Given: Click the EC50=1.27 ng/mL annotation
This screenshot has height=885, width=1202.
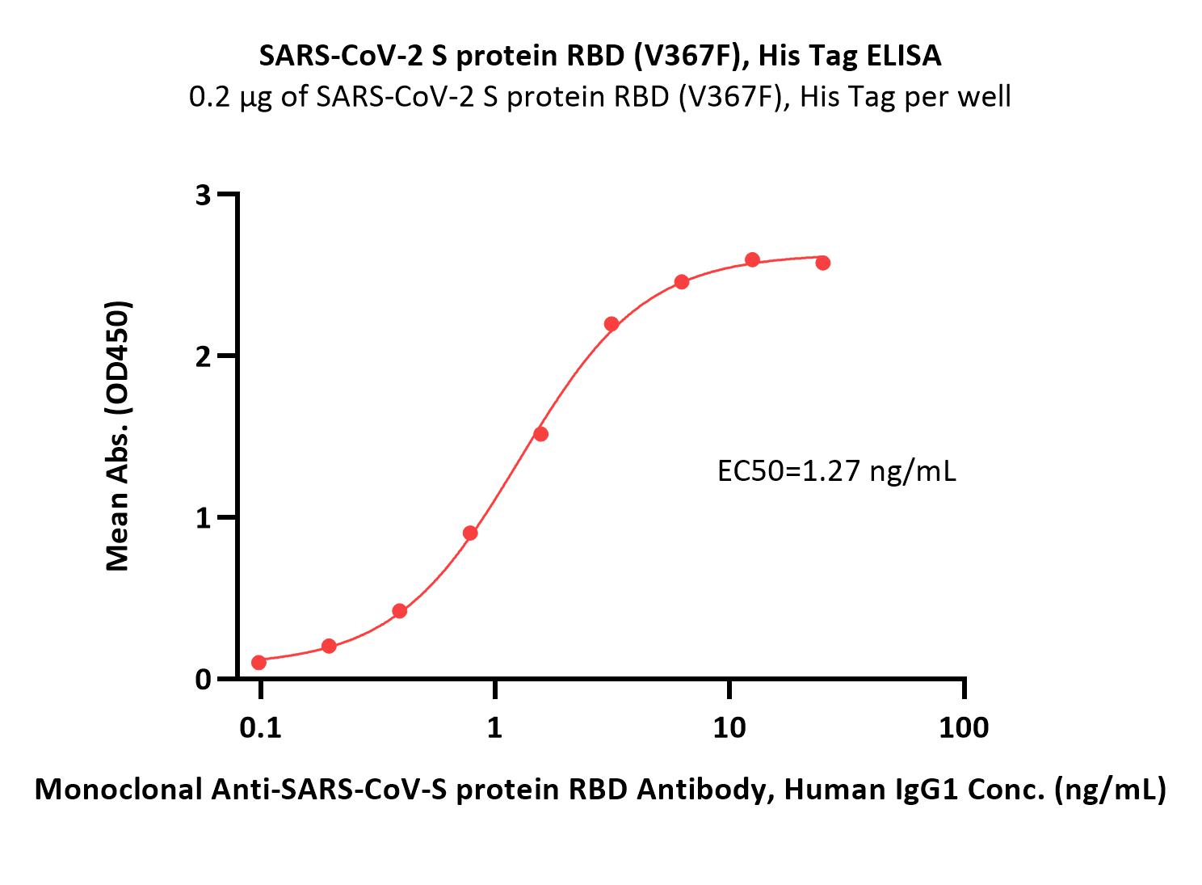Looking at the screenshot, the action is click(x=837, y=471).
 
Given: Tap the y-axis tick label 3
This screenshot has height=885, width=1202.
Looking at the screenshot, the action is click(x=204, y=195).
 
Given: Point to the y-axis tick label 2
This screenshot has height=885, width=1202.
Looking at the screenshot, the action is click(x=204, y=356).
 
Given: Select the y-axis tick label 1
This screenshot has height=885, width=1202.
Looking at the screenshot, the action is click(x=204, y=518).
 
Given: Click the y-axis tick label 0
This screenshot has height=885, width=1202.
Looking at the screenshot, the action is click(x=204, y=680).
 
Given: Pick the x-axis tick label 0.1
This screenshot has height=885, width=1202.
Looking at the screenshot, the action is click(x=260, y=728).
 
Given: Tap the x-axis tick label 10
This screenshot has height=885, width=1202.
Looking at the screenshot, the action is click(x=729, y=728).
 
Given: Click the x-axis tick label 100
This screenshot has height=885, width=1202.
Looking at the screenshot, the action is click(x=964, y=728).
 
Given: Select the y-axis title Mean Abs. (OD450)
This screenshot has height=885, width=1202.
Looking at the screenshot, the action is click(x=118, y=436).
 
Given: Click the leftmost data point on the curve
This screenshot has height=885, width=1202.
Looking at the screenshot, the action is click(x=259, y=662).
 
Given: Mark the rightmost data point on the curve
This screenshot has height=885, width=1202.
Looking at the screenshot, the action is click(x=822, y=263).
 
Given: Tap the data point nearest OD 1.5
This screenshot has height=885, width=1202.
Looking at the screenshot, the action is click(x=541, y=434).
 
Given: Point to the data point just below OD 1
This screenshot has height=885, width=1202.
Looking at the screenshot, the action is click(x=470, y=533).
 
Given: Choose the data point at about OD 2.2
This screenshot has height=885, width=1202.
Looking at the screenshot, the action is click(x=612, y=324).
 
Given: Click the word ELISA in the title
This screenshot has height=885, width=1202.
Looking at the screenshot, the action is click(x=904, y=56).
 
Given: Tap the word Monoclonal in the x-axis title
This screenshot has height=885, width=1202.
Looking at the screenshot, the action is click(x=119, y=790).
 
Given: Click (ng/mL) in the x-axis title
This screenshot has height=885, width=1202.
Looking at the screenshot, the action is click(x=1110, y=790).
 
